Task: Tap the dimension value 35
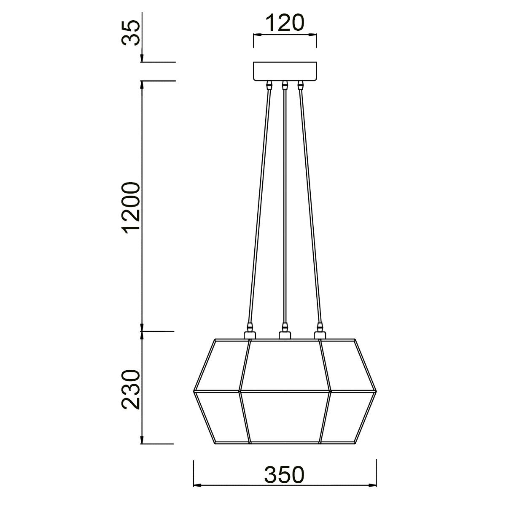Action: click(x=130, y=33)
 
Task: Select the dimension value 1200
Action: click(x=130, y=207)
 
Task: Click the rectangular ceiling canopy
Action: click(x=285, y=71)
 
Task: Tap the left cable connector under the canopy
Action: click(x=269, y=85)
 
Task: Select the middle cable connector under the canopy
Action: click(x=285, y=85)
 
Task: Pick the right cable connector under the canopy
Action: click(x=301, y=85)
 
